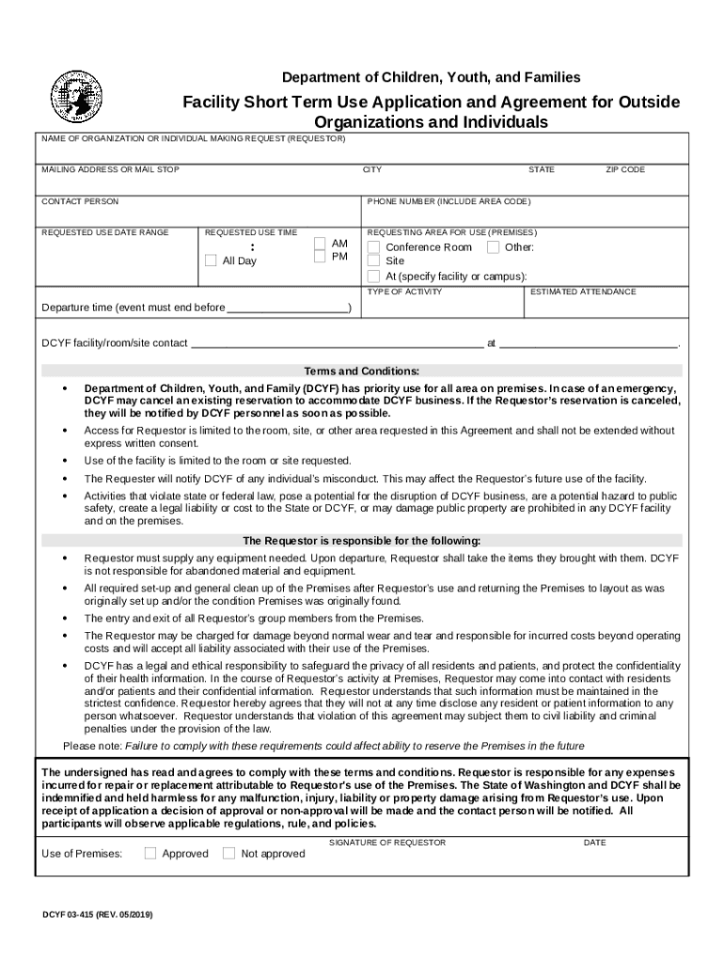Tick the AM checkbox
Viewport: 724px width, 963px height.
(320, 244)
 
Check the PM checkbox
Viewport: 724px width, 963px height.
(320, 257)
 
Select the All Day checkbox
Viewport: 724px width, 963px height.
(211, 260)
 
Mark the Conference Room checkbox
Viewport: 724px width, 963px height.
(373, 247)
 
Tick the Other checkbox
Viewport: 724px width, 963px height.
(493, 247)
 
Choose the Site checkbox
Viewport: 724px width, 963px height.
(373, 260)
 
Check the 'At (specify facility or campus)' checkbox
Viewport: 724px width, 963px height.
(373, 276)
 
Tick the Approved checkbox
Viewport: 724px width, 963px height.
(150, 853)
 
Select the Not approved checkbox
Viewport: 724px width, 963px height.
(228, 853)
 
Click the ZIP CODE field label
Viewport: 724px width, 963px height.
(624, 170)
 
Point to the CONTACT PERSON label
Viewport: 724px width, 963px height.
(80, 202)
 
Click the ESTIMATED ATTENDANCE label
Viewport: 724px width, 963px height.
(583, 292)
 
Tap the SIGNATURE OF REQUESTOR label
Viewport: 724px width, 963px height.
(387, 843)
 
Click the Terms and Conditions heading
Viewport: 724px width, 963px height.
(362, 371)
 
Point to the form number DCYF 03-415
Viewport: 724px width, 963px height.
(97, 914)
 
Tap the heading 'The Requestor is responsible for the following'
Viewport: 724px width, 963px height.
(362, 541)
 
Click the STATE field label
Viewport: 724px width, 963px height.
(542, 170)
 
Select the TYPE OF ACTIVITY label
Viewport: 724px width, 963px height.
(404, 292)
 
